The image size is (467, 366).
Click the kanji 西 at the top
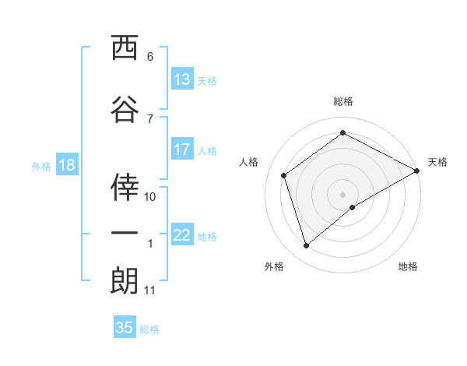125,49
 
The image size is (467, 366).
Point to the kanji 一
125,234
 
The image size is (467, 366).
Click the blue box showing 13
182,79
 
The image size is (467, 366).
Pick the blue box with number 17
182,150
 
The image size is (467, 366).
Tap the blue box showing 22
182,235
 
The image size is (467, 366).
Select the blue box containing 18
66,165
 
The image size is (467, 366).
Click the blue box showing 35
125,328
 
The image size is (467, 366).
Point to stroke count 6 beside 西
150,57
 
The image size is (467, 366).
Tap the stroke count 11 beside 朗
149,290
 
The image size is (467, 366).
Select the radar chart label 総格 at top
343,101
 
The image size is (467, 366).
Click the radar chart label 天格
437,162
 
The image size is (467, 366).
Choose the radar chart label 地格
408,267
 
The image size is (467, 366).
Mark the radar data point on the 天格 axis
417,171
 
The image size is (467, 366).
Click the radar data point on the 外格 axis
306,246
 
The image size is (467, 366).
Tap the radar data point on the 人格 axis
284,175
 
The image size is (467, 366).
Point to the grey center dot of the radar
343,194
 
